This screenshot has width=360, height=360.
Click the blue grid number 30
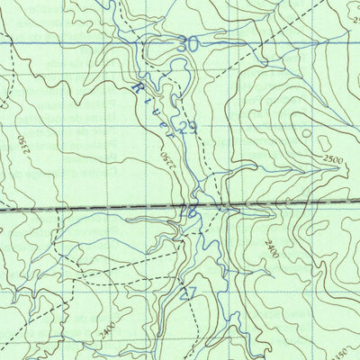pos(187,42)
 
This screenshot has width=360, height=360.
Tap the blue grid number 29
pos(187,129)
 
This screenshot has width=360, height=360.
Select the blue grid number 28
pos(188,212)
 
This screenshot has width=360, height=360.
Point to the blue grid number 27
pos(188,292)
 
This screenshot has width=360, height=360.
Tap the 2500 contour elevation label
pos(332,160)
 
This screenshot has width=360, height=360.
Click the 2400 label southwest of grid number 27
pos(108,329)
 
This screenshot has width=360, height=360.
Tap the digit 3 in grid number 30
pos(182,42)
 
